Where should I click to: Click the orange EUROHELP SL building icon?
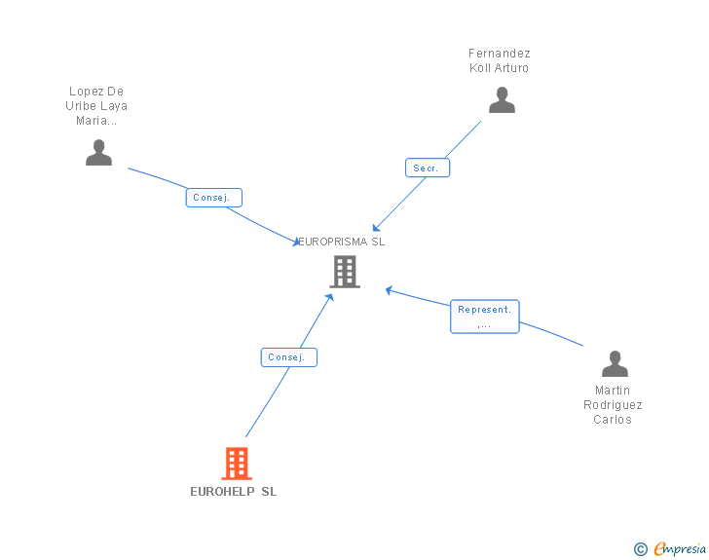(x=237, y=464)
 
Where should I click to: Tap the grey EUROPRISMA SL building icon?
(x=345, y=272)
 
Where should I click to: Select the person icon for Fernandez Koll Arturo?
(x=502, y=100)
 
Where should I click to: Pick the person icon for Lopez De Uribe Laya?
(x=98, y=153)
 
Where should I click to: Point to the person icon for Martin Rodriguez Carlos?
(x=615, y=364)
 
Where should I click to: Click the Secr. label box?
(x=427, y=168)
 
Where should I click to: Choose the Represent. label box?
(x=484, y=317)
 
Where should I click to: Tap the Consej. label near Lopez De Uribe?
(x=213, y=198)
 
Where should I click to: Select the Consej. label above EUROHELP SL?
(x=288, y=357)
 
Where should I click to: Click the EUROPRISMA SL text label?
(x=342, y=242)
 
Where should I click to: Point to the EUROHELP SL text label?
(x=234, y=492)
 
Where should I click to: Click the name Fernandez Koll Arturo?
(x=499, y=60)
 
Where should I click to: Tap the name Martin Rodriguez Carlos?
(x=614, y=405)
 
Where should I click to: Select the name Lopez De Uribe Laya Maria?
(x=96, y=106)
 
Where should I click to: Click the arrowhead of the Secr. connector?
(x=376, y=228)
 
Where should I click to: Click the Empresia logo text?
(x=680, y=549)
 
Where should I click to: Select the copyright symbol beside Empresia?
(x=641, y=550)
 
